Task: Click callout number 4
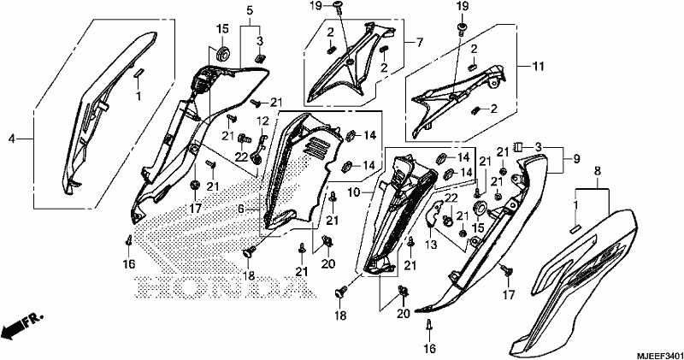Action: point(12,139)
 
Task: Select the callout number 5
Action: point(250,9)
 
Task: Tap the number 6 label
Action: point(240,210)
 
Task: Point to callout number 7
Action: point(419,43)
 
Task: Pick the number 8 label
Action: point(597,171)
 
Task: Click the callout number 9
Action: point(576,160)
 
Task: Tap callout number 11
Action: point(539,67)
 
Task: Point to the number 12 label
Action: point(263,120)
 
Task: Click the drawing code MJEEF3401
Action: point(658,354)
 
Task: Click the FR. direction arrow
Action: point(22,325)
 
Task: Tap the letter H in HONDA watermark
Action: point(151,287)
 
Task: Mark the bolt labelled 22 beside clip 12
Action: point(244,139)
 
